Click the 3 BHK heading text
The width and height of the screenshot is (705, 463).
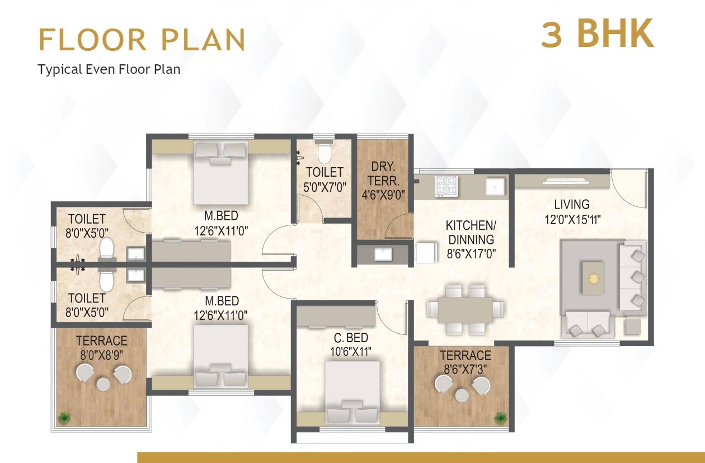(x=597, y=34)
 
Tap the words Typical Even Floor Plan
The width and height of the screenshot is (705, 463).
(x=109, y=69)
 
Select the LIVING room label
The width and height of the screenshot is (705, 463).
(x=571, y=205)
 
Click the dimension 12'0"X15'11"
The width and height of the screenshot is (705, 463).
(x=572, y=219)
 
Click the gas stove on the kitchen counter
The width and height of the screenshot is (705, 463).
(x=446, y=186)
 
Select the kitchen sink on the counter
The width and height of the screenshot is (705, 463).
(x=495, y=186)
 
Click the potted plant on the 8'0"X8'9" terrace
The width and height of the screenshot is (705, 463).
(x=65, y=417)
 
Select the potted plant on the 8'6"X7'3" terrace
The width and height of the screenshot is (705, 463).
(x=500, y=417)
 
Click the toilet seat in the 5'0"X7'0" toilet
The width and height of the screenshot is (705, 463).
(x=324, y=151)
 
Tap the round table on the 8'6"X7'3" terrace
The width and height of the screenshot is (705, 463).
(x=462, y=395)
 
